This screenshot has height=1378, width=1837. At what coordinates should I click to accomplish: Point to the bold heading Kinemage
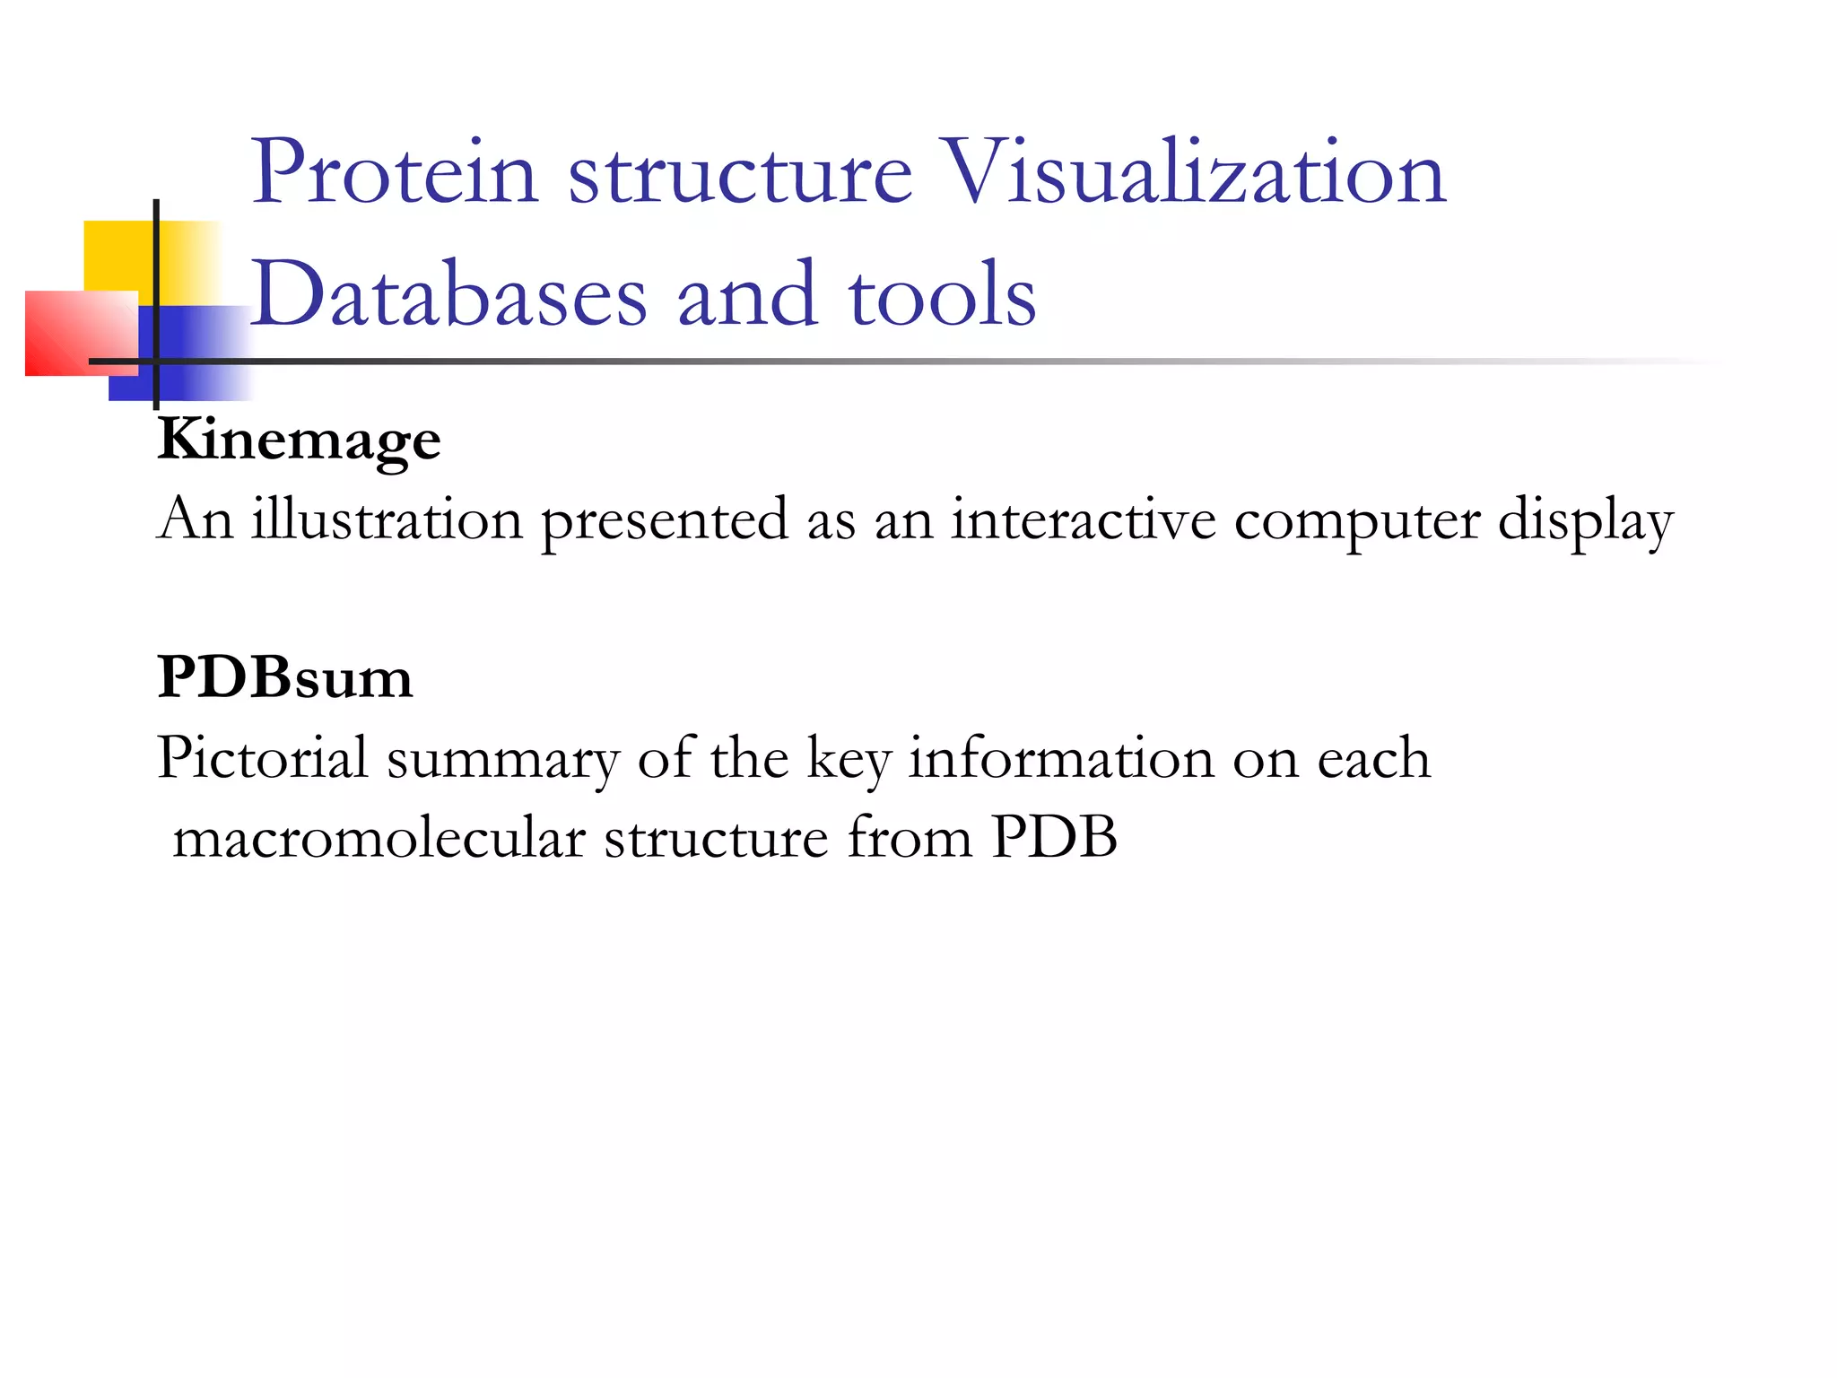(x=299, y=440)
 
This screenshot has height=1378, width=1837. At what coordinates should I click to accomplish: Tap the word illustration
(x=387, y=519)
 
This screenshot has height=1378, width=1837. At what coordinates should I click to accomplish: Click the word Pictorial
(x=262, y=758)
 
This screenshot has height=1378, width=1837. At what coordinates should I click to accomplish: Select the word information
(x=1061, y=758)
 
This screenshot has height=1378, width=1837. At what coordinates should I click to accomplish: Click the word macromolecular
(x=379, y=838)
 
